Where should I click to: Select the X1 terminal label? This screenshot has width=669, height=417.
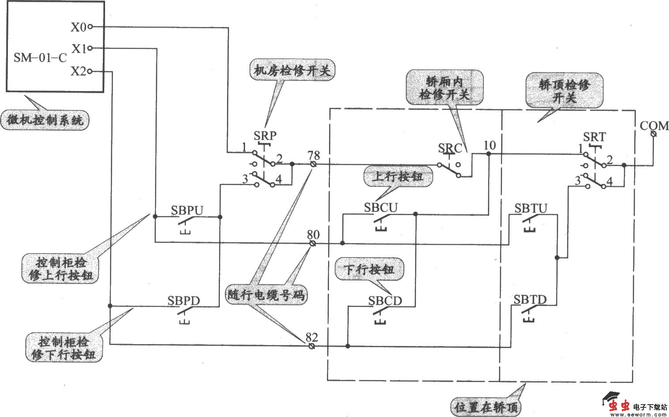pos(79,49)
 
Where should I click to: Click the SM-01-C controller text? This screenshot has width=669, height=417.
pos(40,57)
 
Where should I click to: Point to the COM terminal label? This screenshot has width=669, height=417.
pos(654,126)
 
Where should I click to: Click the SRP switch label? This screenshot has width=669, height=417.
pos(265,136)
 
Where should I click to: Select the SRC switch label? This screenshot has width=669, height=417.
pos(450,148)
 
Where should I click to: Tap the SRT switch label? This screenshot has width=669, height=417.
pos(594,137)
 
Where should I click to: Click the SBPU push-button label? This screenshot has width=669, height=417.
pos(187,210)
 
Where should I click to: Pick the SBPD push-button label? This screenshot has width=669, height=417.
pos(184,301)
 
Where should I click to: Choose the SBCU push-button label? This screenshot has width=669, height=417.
pos(381,208)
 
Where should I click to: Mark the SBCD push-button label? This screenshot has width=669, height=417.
pos(385,301)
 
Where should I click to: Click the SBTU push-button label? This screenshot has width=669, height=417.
pos(530,208)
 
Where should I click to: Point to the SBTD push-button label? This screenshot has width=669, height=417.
pos(530,300)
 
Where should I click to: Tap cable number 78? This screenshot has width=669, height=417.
pos(314,155)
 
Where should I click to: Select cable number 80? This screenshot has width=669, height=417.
pos(313,235)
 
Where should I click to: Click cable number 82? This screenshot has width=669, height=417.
pos(311,337)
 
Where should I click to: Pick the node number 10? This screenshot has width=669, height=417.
pos(490,145)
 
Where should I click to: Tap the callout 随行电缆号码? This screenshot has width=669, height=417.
pos(266,295)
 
